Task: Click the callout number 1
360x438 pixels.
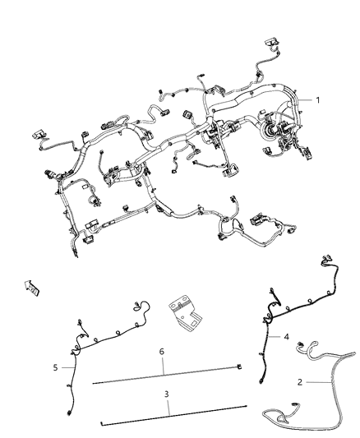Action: coord(317,99)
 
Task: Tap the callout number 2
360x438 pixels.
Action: coord(300,382)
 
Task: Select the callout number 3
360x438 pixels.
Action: coord(167,394)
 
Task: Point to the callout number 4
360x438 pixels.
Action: coord(287,337)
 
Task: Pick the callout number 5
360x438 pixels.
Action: coord(55,367)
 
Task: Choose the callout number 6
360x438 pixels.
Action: coord(162,352)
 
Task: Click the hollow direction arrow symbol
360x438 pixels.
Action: coord(31,288)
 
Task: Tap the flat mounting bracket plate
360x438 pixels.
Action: coord(185,316)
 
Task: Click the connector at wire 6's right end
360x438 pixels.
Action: coord(239,367)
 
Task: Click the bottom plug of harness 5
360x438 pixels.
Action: coord(69,413)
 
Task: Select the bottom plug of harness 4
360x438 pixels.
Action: coord(261,380)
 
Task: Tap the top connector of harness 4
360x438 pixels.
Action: coord(326,259)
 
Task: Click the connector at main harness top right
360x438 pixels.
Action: coord(271,43)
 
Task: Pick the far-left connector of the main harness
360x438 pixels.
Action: coord(39,134)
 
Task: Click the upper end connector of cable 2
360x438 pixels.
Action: coord(301,344)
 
